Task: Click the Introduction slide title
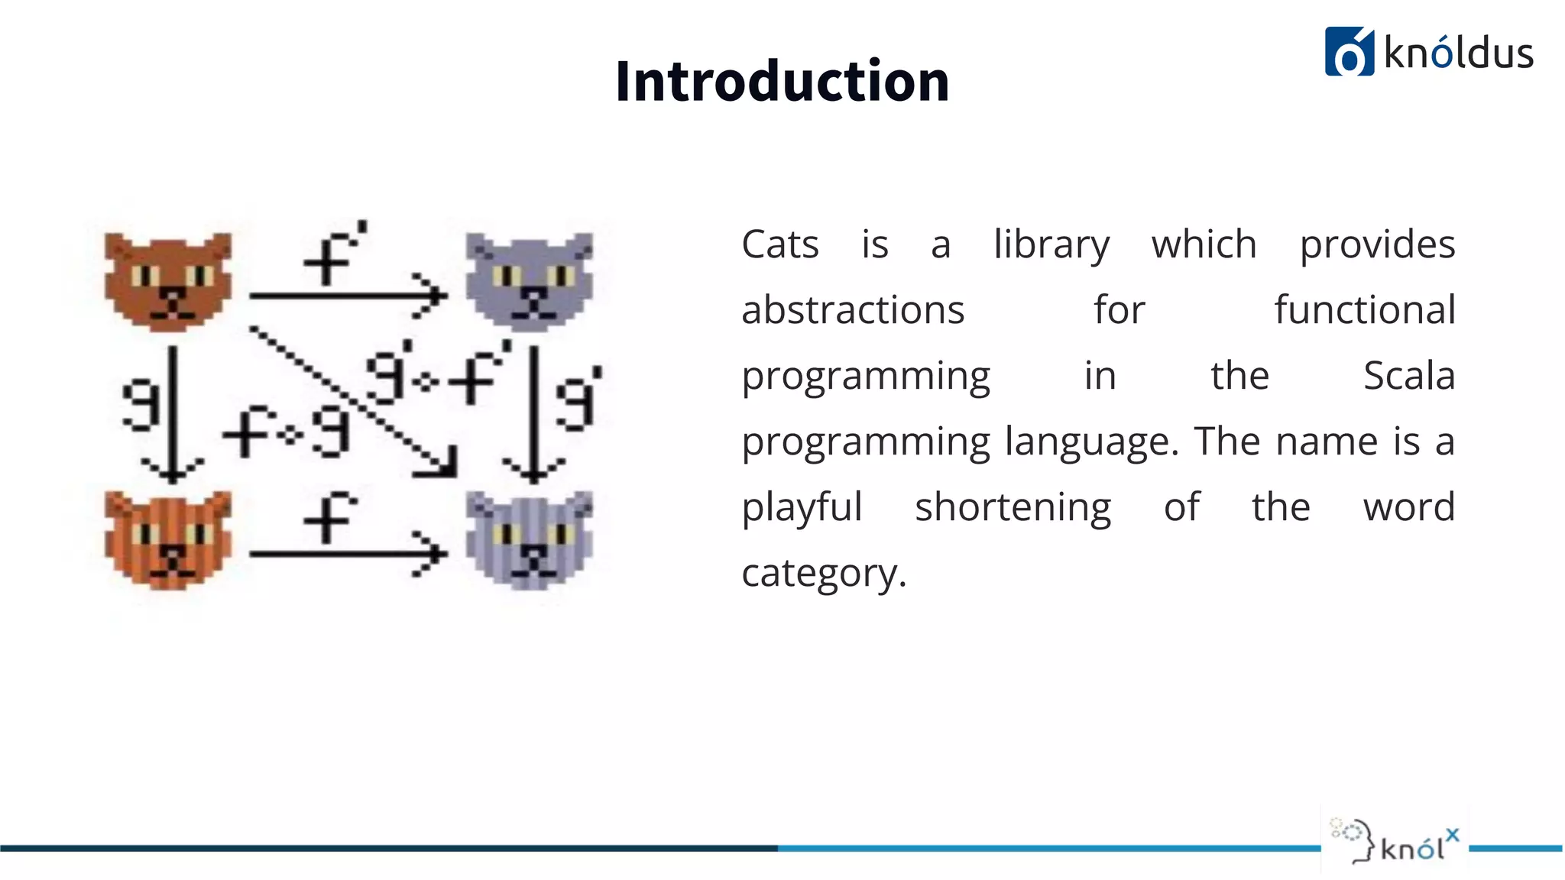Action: [x=782, y=81]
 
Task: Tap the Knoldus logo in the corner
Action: [x=1428, y=52]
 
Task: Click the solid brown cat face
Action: [x=168, y=282]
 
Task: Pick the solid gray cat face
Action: [x=530, y=282]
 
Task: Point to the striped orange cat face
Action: [x=168, y=540]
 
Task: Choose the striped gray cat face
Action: [x=530, y=540]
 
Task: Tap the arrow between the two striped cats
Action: [x=348, y=553]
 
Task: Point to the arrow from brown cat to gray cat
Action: [x=348, y=295]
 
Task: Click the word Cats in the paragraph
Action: [x=779, y=245]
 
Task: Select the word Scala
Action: [x=1409, y=376]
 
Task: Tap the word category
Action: [x=824, y=574]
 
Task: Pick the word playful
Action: [x=802, y=508]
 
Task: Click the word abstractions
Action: [x=853, y=311]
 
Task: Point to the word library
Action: [x=1051, y=245]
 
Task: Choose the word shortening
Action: [x=1013, y=508]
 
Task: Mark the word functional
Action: [x=1365, y=311]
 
